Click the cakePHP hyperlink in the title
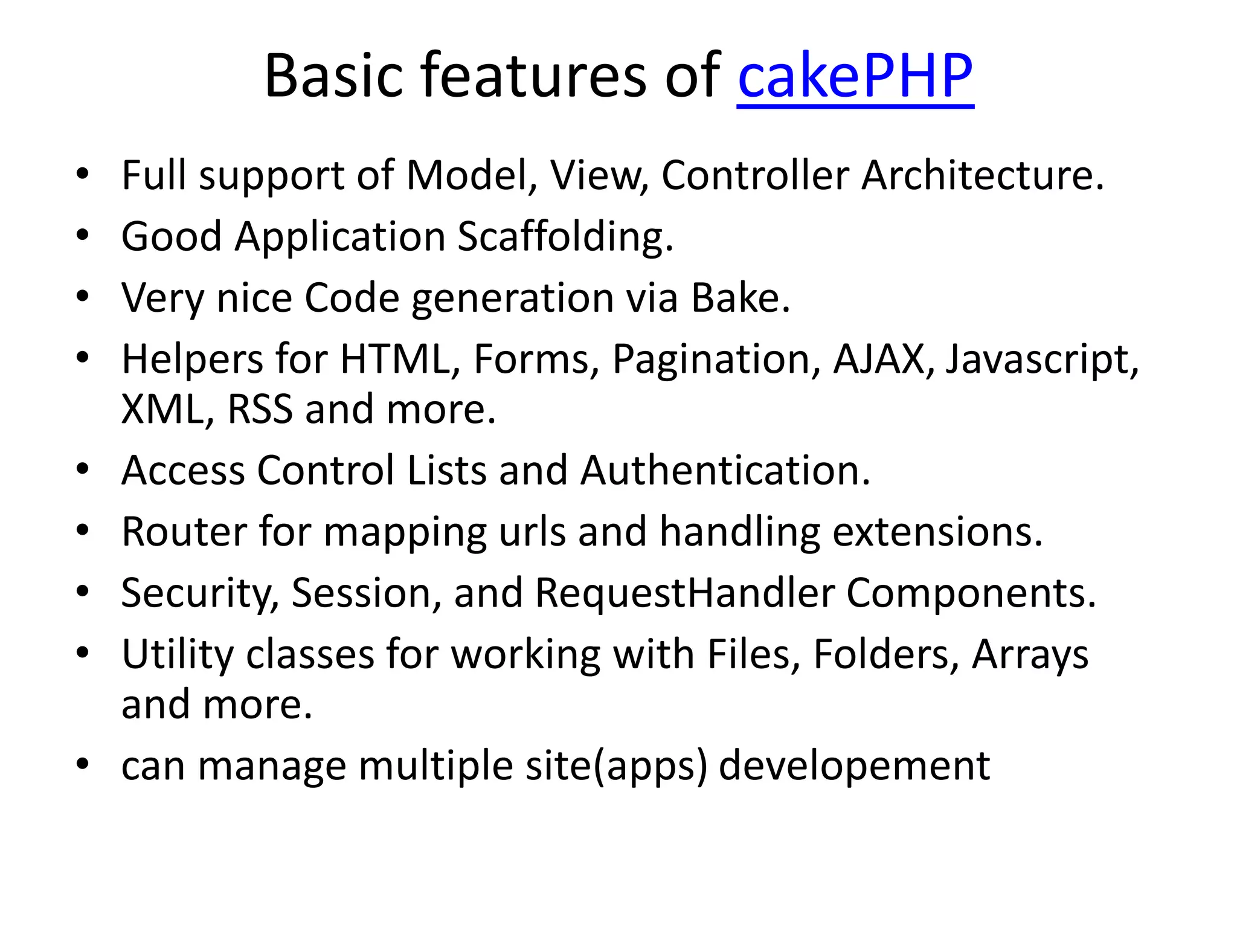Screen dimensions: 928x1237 855,76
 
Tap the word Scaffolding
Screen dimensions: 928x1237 565,237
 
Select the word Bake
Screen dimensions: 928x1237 740,298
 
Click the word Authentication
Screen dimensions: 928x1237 725,471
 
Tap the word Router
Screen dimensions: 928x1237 184,532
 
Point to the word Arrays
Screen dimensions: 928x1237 1030,655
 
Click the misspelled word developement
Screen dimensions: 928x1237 854,766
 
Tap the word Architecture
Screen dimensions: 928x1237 982,175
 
